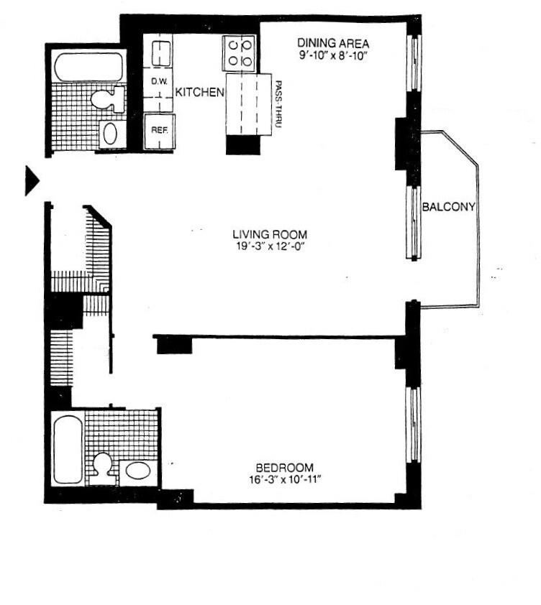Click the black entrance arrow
pyautogui.click(x=31, y=180)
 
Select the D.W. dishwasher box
pyautogui.click(x=158, y=83)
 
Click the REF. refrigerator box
pyautogui.click(x=158, y=131)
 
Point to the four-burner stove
pyautogui.click(x=240, y=52)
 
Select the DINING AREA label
pyautogui.click(x=333, y=43)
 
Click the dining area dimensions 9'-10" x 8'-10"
pyautogui.click(x=333, y=55)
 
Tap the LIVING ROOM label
pyautogui.click(x=270, y=234)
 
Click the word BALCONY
pyautogui.click(x=449, y=208)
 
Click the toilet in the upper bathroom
pyautogui.click(x=110, y=98)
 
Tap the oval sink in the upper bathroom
pyautogui.click(x=111, y=133)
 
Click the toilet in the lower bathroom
pyautogui.click(x=102, y=464)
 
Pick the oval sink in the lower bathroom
pyautogui.click(x=137, y=471)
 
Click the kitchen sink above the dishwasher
pyautogui.click(x=161, y=53)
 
